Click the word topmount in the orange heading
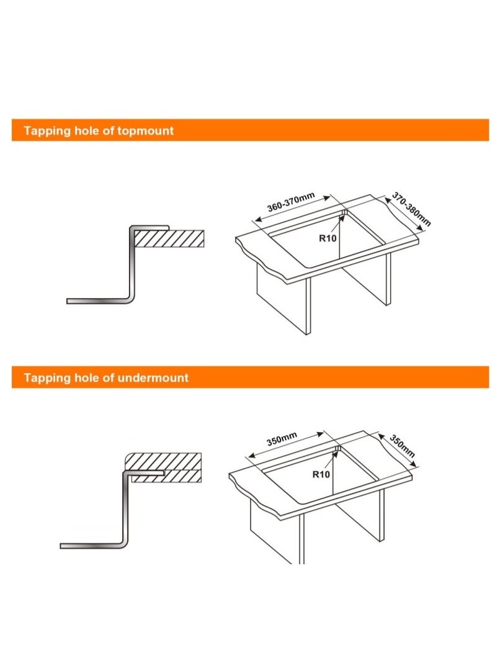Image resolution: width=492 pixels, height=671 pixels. pyautogui.click(x=145, y=131)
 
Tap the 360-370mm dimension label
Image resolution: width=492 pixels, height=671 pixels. pyautogui.click(x=291, y=202)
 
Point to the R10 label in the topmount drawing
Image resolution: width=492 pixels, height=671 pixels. pyautogui.click(x=328, y=238)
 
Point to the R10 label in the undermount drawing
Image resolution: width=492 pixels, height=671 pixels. pyautogui.click(x=321, y=474)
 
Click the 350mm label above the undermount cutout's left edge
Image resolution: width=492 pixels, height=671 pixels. pyautogui.click(x=282, y=439)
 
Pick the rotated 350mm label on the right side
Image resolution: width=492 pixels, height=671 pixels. pyautogui.click(x=402, y=446)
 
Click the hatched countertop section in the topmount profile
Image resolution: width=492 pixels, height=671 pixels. pyautogui.click(x=169, y=239)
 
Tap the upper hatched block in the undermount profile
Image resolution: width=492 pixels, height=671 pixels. pyautogui.click(x=163, y=461)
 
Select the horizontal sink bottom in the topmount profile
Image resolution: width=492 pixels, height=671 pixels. pyautogui.click(x=99, y=301)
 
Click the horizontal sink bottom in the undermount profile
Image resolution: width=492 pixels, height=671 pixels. pyautogui.click(x=92, y=546)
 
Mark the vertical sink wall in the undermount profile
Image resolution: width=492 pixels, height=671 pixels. pyautogui.click(x=125, y=509)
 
